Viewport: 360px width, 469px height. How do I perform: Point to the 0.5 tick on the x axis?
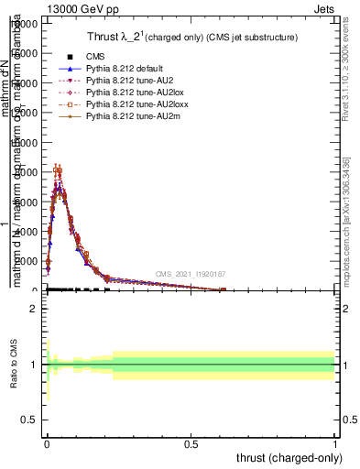click(x=191, y=442)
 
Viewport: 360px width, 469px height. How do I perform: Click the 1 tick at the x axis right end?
click(x=334, y=442)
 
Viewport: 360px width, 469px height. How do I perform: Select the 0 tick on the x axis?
click(x=47, y=442)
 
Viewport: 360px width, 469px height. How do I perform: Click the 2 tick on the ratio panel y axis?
click(x=33, y=309)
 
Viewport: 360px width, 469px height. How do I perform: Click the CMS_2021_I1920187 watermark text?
click(x=190, y=273)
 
